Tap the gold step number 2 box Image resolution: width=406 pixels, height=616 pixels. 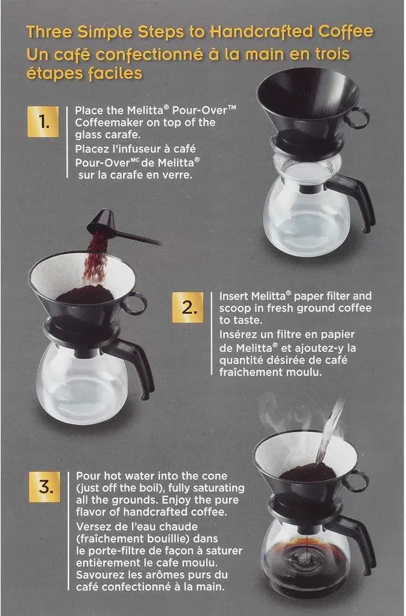[188, 309]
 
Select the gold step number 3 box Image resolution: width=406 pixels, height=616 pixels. [44, 488]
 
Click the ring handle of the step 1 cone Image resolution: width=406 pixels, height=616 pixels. [358, 118]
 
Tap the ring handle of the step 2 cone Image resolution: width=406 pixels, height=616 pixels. [135, 304]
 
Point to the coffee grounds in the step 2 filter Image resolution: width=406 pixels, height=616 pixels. [84, 294]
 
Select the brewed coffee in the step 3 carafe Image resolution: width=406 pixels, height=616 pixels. [304, 559]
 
